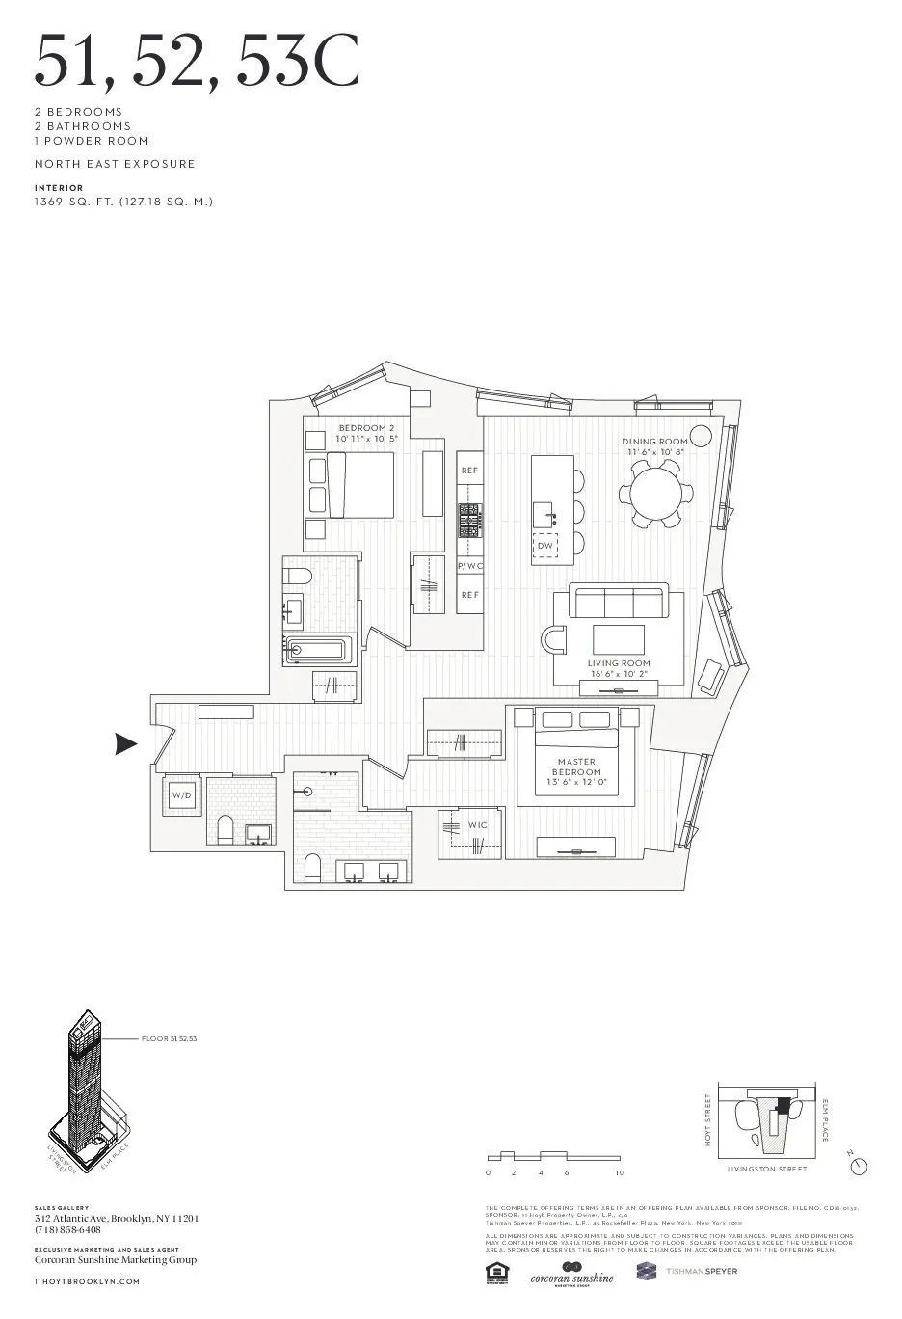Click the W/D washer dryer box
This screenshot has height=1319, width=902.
[182, 795]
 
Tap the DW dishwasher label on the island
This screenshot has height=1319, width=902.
[545, 546]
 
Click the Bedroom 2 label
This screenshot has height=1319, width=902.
[366, 428]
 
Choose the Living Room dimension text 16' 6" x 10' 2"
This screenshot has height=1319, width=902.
[620, 674]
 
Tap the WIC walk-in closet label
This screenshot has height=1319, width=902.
[478, 825]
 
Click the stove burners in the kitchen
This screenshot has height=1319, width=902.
[469, 521]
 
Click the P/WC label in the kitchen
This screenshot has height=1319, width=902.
[469, 566]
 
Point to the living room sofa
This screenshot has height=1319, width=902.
[619, 602]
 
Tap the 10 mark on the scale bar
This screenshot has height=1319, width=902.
[620, 1173]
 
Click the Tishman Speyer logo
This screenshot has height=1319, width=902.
[686, 1271]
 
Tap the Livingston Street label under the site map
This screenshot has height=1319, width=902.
[767, 1169]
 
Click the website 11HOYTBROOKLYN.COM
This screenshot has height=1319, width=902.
[87, 1281]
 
